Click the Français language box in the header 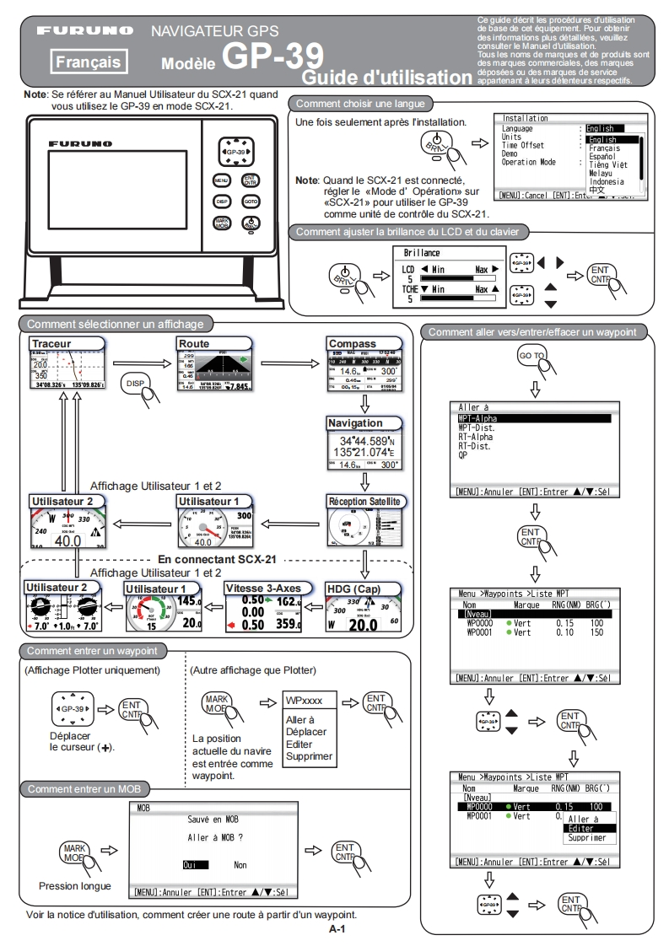88,61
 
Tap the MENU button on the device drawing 220,180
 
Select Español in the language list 602,156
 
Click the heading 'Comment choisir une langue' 362,105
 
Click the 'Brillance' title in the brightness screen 422,252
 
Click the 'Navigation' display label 355,422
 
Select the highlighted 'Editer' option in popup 580,828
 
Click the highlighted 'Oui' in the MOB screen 190,864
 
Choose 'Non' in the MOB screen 241,864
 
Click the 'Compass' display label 354,343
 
